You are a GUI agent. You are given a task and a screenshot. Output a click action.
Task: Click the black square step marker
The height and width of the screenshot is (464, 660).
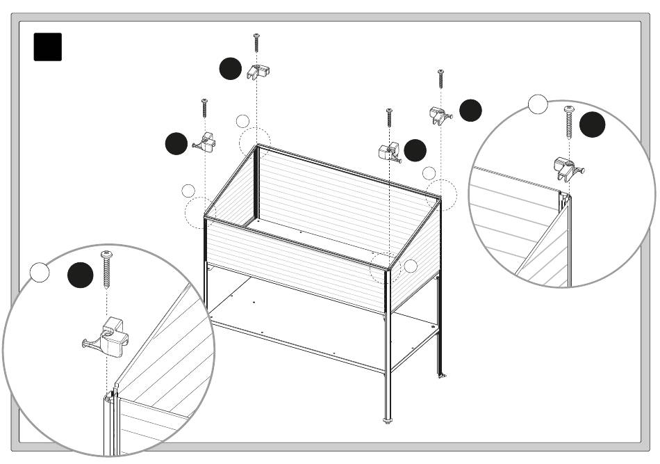[47, 47]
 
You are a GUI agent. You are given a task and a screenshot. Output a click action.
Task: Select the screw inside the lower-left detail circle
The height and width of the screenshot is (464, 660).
[106, 269]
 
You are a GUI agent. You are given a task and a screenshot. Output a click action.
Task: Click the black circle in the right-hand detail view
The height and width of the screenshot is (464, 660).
[593, 125]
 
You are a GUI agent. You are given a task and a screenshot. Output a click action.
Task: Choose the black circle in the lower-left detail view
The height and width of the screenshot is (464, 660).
[80, 275]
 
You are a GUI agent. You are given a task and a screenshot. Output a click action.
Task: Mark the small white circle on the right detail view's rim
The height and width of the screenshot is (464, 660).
[538, 104]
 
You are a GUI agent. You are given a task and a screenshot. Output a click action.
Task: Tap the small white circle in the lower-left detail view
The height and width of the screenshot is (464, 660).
[40, 273]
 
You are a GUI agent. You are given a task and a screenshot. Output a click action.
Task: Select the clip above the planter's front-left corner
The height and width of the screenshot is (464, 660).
[206, 142]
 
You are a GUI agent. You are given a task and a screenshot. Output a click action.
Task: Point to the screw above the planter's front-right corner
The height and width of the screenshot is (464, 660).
[389, 119]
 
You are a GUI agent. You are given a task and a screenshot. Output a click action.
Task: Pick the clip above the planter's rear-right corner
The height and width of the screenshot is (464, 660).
[438, 115]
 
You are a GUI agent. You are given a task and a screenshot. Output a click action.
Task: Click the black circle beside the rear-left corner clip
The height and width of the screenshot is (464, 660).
[230, 69]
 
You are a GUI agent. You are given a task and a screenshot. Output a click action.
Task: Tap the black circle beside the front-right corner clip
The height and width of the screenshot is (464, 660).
[415, 150]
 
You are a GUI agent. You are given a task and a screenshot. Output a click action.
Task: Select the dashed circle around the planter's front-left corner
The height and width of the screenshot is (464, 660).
[201, 212]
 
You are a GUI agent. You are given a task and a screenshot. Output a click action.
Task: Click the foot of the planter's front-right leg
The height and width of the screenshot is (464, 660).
[388, 419]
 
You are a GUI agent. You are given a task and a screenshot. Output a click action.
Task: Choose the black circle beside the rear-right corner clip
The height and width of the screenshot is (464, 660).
[470, 110]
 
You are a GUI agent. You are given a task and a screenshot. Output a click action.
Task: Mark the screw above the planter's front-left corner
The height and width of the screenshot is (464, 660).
[205, 108]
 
